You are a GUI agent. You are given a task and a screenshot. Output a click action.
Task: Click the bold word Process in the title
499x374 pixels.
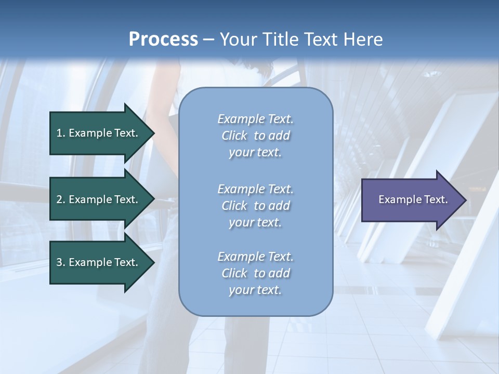(x=163, y=39)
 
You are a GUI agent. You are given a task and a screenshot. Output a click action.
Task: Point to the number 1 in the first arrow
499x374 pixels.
(x=59, y=133)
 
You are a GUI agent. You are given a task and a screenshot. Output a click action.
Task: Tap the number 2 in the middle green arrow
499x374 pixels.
(x=59, y=199)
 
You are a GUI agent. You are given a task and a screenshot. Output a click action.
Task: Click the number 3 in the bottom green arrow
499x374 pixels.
(x=59, y=262)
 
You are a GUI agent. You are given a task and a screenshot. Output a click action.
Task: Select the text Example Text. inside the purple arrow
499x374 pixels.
(x=413, y=199)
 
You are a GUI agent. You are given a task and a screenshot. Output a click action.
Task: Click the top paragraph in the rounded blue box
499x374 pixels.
(x=255, y=136)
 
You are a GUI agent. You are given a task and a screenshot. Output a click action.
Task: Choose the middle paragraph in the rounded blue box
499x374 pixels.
(x=255, y=206)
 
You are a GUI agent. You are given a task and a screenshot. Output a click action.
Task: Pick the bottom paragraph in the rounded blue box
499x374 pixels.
(x=255, y=273)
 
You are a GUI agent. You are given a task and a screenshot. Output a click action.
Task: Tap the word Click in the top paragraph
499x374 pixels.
(x=234, y=136)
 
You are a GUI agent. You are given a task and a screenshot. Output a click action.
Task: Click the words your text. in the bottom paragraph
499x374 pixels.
(x=255, y=290)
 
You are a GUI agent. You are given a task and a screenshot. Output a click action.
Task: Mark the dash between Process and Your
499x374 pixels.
(x=208, y=40)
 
